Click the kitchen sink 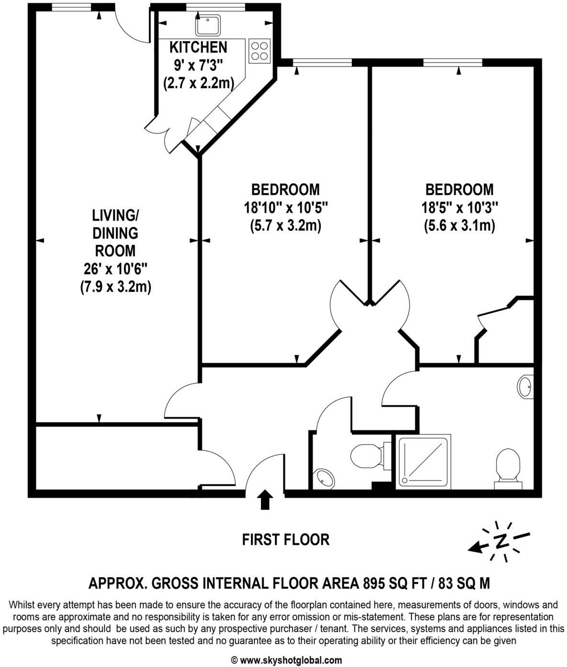208,25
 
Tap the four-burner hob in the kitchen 259,51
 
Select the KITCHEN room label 198,47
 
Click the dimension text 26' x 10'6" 115,269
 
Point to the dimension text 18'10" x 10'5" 285,207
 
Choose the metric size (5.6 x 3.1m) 459,225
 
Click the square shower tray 422,460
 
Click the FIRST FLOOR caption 285,540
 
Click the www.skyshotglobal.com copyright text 286,660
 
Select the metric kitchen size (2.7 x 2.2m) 198,83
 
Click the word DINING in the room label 115,233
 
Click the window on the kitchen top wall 215,7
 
